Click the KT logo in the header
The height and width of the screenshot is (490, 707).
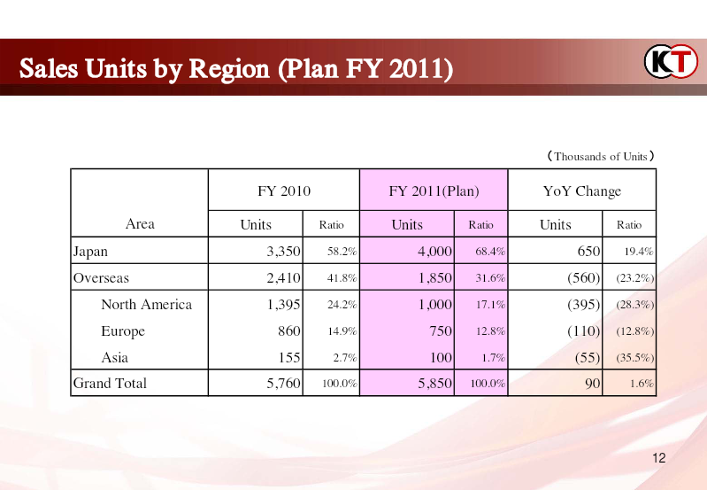tap(671, 61)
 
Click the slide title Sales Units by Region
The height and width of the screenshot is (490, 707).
tap(236, 68)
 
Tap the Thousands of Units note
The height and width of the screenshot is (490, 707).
tap(601, 157)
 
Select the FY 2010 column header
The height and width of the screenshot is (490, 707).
tap(284, 191)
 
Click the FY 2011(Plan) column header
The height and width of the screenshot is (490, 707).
tap(434, 191)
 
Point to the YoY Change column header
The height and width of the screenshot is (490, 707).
tap(582, 191)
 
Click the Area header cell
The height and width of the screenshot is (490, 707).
tap(140, 223)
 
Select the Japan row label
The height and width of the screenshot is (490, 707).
tap(90, 251)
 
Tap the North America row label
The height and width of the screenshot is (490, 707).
tap(147, 305)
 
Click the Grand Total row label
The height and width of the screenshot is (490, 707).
tap(110, 383)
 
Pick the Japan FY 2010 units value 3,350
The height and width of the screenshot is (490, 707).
tap(283, 251)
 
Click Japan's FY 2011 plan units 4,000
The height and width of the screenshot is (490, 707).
tap(434, 251)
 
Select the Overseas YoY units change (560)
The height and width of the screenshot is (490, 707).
tap(583, 277)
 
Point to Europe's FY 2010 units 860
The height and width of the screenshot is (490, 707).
tap(289, 331)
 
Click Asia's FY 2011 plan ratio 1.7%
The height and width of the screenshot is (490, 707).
tap(493, 358)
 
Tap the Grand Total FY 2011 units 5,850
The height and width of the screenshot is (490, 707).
tap(434, 383)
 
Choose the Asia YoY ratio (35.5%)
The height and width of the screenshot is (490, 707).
tap(634, 358)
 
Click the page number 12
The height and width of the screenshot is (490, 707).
tap(658, 458)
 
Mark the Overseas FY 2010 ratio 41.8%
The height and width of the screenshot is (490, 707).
tap(342, 277)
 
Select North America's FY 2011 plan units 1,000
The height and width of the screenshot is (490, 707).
tap(434, 305)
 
